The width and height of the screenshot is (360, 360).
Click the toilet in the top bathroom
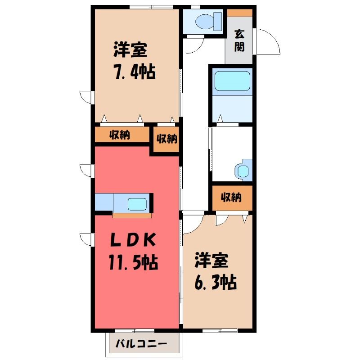coord(208,22)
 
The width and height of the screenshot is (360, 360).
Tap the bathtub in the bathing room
coord(232,81)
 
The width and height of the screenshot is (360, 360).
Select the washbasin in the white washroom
coord(243,171)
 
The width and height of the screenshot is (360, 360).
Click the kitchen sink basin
coord(137,204)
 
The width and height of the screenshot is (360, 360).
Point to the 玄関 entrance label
coord(239,40)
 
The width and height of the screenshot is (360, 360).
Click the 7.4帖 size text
coord(135,72)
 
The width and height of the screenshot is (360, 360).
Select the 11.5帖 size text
coord(133,262)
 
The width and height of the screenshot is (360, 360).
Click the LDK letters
coord(133,240)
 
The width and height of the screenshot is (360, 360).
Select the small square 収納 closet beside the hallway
coord(166,139)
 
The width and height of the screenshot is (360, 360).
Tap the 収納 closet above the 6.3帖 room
coord(232,198)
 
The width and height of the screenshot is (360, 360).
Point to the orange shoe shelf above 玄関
coord(240,13)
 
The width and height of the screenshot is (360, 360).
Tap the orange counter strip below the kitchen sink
coord(132,216)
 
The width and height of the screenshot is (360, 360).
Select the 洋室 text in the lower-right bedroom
coord(211,261)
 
